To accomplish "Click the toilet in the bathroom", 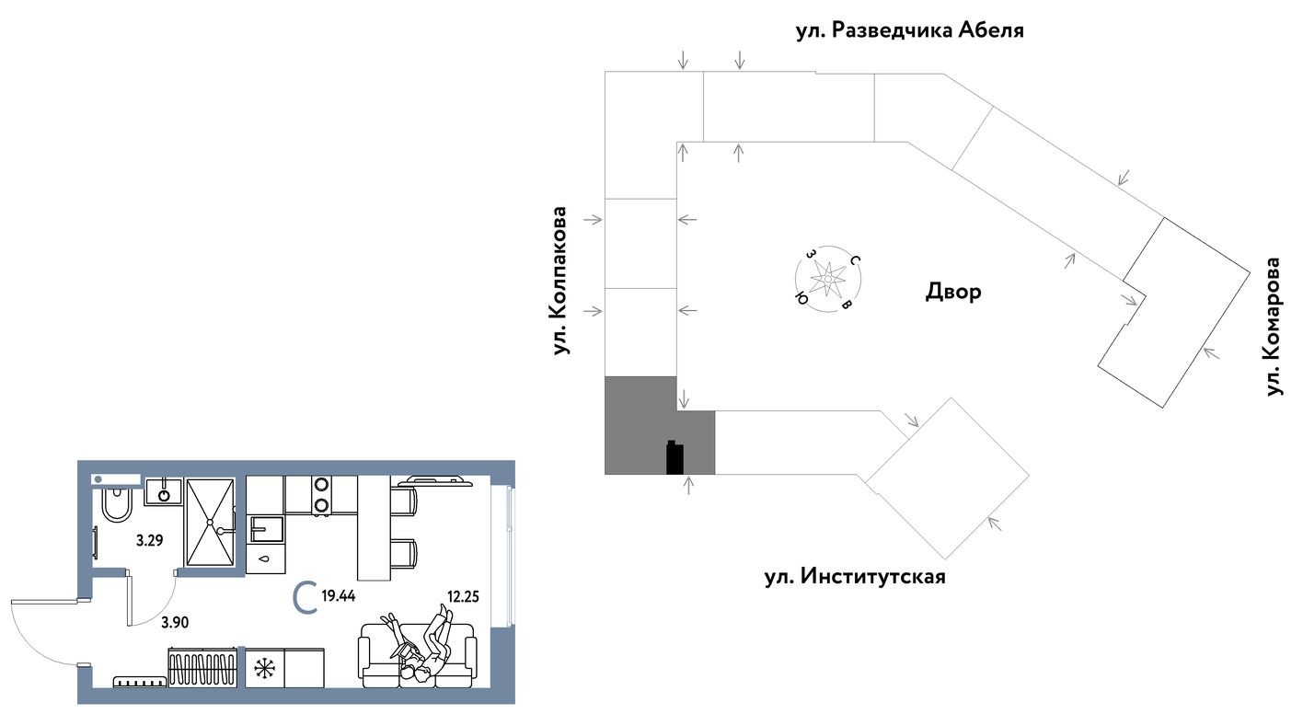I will pyautogui.click(x=117, y=504).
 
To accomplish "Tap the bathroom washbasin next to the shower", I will pyautogui.click(x=164, y=491).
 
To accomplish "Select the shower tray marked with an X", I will pyautogui.click(x=212, y=522).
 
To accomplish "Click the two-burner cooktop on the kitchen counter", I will pyautogui.click(x=321, y=494).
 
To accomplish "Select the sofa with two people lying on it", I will pyautogui.click(x=419, y=655).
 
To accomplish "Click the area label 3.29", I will pyautogui.click(x=149, y=541).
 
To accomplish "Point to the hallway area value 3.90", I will pyautogui.click(x=175, y=623).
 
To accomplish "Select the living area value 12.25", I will pyautogui.click(x=464, y=594).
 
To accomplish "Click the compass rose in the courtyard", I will pyautogui.click(x=827, y=277).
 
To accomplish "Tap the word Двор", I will pyautogui.click(x=952, y=293).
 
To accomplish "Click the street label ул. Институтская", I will pyautogui.click(x=854, y=578).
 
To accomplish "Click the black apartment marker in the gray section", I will pyautogui.click(x=675, y=457).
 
